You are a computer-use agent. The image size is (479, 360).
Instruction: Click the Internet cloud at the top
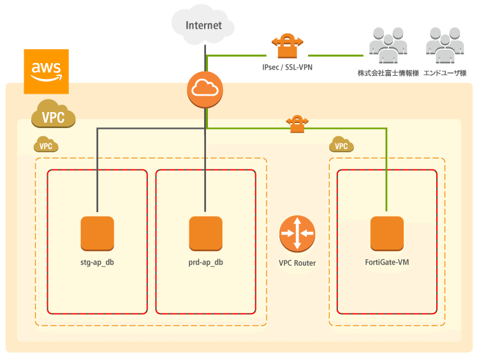point(204,25)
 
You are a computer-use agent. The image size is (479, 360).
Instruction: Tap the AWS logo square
point(46,71)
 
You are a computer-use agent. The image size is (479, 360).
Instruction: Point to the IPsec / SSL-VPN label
point(287,66)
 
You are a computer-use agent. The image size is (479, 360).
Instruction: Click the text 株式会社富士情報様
point(388,73)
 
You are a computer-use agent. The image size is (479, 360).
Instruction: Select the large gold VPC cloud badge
point(54,115)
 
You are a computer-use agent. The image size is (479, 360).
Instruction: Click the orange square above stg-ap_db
point(97,233)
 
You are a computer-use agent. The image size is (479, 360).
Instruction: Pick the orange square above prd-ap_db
point(205,233)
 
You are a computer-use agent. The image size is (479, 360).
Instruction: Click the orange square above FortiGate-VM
point(387,233)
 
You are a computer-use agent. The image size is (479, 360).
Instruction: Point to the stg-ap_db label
point(97,262)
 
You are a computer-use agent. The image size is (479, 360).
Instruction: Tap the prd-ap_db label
point(205,262)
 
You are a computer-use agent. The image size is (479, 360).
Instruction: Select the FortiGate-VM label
point(387,262)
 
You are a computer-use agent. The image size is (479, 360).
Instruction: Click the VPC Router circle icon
point(297,233)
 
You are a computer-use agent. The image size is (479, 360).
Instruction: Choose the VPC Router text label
point(297,263)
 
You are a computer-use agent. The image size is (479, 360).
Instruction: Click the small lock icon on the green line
point(295,124)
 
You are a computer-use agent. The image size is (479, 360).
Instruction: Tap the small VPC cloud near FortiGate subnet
point(342,145)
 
